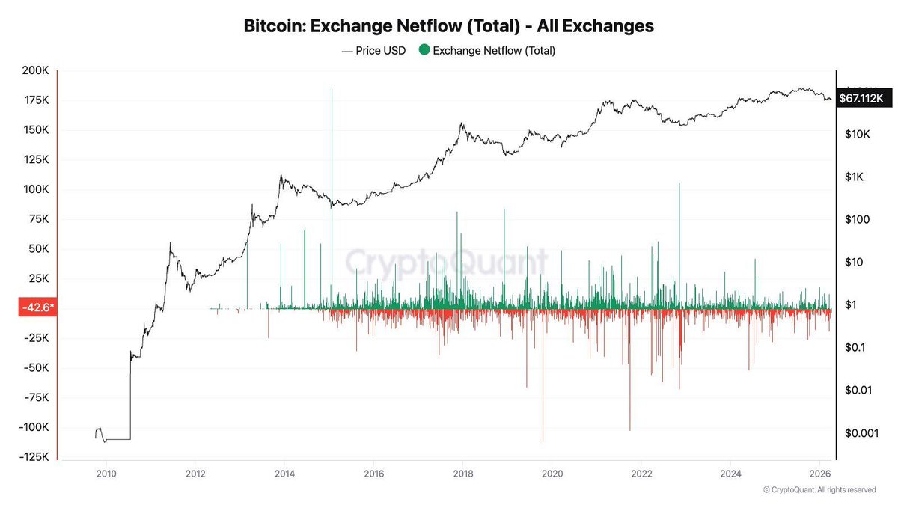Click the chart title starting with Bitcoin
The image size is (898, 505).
pyautogui.click(x=449, y=25)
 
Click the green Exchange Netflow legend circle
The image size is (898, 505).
pyautogui.click(x=424, y=51)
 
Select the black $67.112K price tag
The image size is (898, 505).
pyautogui.click(x=861, y=97)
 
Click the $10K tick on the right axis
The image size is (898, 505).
pyautogui.click(x=855, y=135)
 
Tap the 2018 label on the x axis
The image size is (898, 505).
pyautogui.click(x=462, y=474)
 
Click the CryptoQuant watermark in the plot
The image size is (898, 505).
pyautogui.click(x=446, y=262)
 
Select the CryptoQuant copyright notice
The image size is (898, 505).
pyautogui.click(x=819, y=489)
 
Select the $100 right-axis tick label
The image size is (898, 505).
pyautogui.click(x=855, y=220)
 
